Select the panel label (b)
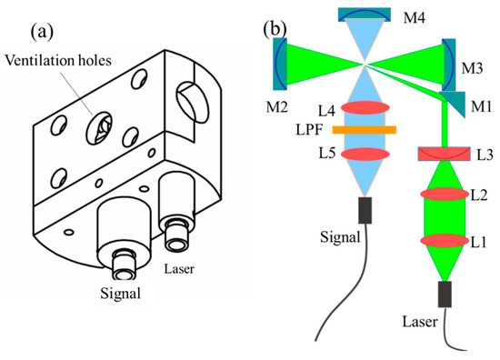pos(277,27)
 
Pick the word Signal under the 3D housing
pos(124,295)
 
